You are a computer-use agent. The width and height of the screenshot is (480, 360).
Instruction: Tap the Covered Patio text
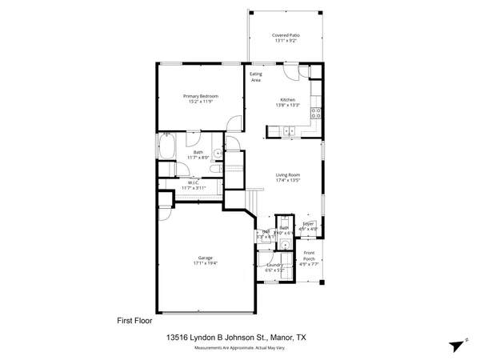pyautogui.click(x=285, y=36)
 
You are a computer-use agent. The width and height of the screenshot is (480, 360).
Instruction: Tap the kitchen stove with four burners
pyautogui.click(x=318, y=112)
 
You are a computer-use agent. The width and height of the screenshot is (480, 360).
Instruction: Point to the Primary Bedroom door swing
pyautogui.click(x=234, y=124)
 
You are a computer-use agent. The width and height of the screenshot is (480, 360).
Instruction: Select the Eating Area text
pyautogui.click(x=256, y=78)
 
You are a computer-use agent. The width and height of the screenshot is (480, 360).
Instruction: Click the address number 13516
pyautogui.click(x=181, y=338)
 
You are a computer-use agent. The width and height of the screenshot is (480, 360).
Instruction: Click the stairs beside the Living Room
pyautogui.click(x=254, y=197)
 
